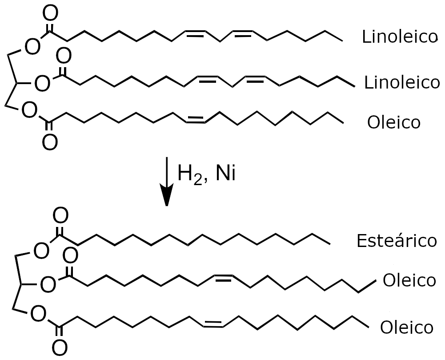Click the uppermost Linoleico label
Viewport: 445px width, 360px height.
399,36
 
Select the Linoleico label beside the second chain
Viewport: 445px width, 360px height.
402,82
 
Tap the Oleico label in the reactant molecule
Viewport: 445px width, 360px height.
393,122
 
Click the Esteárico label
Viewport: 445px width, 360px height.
397,241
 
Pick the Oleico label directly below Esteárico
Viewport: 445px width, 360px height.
409,280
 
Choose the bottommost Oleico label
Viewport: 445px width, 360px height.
407,328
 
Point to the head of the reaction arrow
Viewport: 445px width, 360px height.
167,205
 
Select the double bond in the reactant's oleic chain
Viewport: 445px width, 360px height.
195,119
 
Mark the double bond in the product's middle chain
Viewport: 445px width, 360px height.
223,278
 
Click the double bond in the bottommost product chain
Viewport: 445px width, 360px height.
213,324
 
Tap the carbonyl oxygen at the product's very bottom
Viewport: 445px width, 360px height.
60,348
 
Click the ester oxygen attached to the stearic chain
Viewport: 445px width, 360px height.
41,251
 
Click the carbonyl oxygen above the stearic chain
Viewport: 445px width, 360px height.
61,216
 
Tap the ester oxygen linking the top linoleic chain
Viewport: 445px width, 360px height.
32,47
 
